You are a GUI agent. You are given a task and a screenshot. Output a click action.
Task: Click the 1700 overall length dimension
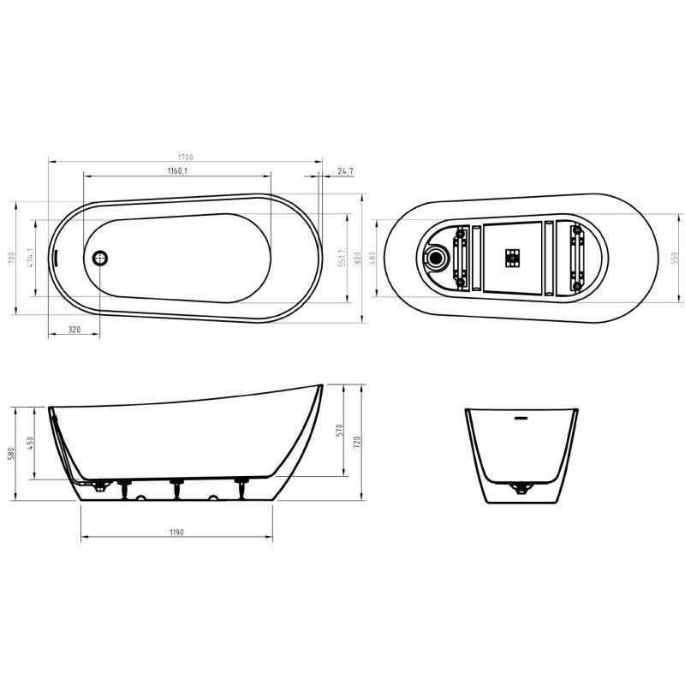point(185,157)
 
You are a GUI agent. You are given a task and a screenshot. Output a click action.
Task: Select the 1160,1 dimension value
point(177,171)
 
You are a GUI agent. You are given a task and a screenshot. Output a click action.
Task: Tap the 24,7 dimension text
point(345,171)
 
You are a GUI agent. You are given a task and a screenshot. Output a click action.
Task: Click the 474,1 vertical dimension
point(30,258)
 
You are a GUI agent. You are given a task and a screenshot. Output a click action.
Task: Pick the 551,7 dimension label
point(341,258)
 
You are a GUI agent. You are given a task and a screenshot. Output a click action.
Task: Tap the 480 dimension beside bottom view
point(372,258)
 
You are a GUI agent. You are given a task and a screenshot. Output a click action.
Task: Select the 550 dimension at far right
point(674,258)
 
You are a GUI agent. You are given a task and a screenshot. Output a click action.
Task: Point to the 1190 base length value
point(176,533)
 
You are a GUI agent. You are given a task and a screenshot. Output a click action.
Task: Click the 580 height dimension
point(12,452)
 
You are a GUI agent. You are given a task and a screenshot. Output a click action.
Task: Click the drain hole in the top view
point(99,257)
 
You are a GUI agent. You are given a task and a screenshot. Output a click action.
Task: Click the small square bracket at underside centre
point(513,256)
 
